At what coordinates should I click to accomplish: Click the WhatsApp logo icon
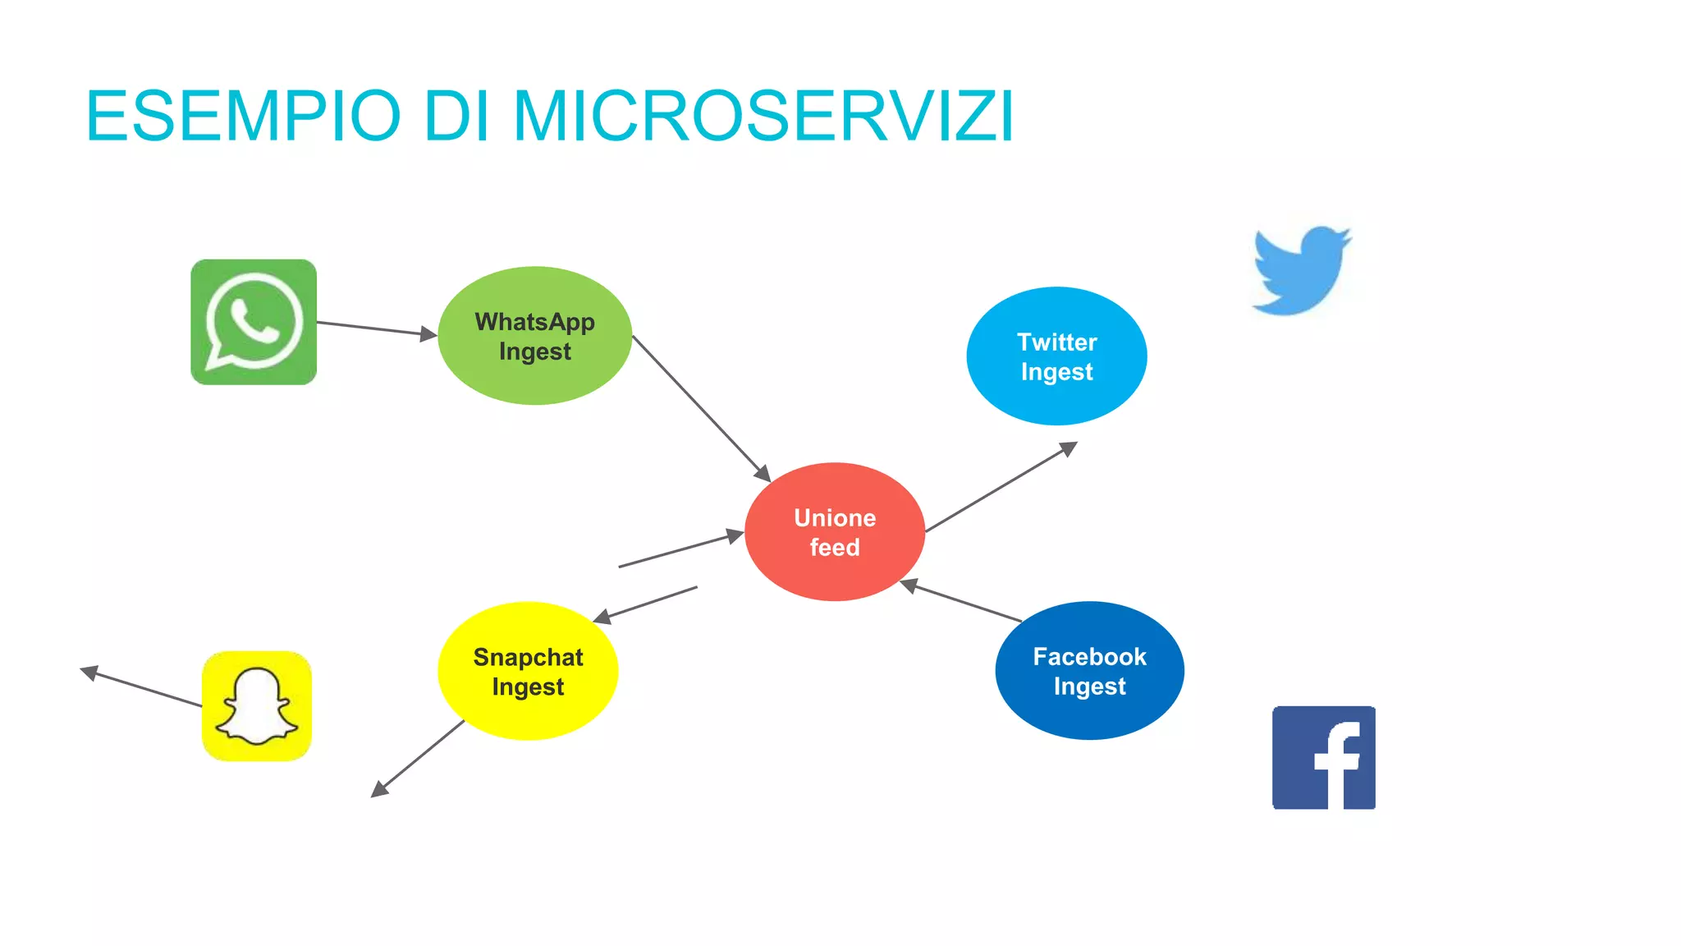click(254, 322)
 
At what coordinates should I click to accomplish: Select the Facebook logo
click(1323, 757)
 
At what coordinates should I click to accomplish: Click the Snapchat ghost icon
click(257, 706)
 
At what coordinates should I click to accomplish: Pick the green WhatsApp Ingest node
click(534, 335)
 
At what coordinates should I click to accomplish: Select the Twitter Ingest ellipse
click(1056, 356)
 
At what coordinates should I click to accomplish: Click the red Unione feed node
click(835, 532)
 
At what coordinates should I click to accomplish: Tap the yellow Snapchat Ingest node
click(528, 671)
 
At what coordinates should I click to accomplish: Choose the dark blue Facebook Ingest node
click(1089, 671)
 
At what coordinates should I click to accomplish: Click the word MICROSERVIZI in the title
click(763, 117)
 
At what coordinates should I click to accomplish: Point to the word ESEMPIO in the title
click(244, 117)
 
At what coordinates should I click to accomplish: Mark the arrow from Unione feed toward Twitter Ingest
click(1001, 487)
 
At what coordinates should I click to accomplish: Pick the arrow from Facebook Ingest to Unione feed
click(962, 601)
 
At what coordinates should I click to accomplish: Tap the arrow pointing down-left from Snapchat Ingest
click(419, 758)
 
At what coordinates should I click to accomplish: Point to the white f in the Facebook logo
click(1338, 764)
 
